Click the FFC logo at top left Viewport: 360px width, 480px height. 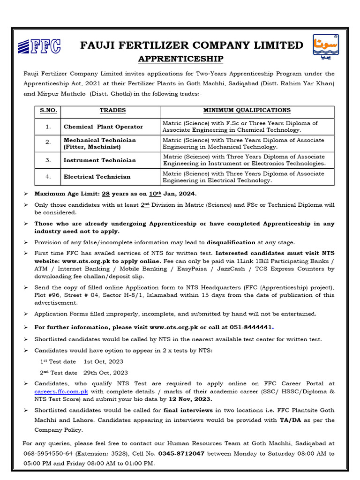coord(39,46)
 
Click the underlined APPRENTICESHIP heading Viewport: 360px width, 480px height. coord(174,59)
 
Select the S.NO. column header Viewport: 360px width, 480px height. coord(48,111)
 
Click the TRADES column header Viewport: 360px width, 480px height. coord(112,111)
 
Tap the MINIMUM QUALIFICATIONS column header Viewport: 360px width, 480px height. coord(247,111)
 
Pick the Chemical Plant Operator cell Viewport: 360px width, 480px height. coord(103,127)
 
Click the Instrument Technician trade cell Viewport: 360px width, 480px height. coord(99,160)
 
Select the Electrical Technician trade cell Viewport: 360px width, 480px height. coord(97,177)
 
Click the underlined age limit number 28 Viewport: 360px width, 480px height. coord(106,194)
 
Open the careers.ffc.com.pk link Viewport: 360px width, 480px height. coord(61,391)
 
